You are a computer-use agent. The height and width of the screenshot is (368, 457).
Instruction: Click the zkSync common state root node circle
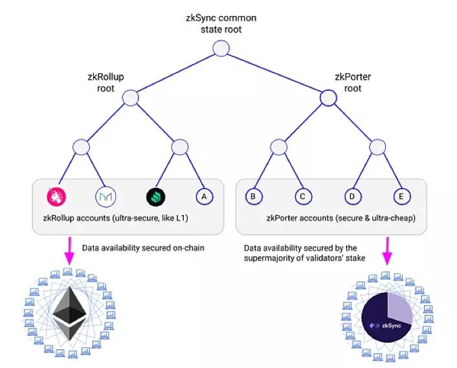[220, 49]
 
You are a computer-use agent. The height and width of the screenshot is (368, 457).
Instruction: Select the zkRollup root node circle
[131, 98]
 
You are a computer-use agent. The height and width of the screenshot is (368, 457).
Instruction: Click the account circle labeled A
[204, 196]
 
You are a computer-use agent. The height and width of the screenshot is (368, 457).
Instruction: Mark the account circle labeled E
[401, 196]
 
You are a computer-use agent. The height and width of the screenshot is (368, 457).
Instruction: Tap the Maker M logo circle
[106, 196]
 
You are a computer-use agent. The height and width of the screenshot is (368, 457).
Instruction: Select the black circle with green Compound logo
[156, 196]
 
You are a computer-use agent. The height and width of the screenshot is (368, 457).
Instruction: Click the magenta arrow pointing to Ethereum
[69, 250]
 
